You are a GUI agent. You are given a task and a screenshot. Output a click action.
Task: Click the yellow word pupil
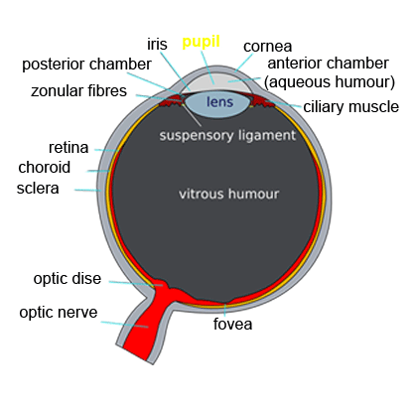point(201,43)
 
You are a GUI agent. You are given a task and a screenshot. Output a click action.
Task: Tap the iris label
point(157,44)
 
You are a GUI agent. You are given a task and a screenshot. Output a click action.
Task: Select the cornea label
point(267,47)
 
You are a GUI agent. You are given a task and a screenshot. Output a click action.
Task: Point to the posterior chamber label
point(86,64)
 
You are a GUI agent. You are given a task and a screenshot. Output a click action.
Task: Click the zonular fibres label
point(78,90)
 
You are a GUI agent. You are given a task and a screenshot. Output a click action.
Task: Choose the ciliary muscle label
point(350,106)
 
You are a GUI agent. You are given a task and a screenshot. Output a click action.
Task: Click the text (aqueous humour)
point(330,81)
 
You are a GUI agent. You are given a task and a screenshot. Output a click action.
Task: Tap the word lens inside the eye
point(219,101)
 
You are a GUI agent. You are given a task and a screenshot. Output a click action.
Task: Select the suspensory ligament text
point(227,135)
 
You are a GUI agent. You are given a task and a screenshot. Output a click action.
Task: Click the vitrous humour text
point(228,194)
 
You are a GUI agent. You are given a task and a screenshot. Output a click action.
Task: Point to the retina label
point(69,148)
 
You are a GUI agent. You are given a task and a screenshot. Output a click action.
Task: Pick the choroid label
point(45,167)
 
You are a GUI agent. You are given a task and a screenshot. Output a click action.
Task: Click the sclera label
point(38,189)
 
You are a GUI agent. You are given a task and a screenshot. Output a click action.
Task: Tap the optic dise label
point(68,278)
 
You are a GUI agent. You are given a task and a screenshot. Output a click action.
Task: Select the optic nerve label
point(59,312)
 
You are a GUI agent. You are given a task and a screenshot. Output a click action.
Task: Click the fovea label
point(232,324)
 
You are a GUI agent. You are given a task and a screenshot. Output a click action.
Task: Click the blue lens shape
point(216,105)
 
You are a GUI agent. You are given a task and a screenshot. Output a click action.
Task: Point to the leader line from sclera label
point(87,190)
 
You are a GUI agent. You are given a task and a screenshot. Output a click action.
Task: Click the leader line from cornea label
point(244,63)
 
